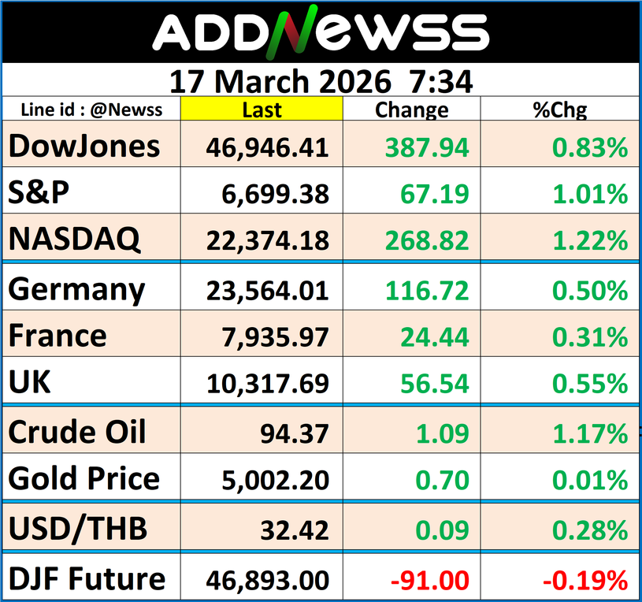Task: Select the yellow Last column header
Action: pos(262,110)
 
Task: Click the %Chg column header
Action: pos(560,110)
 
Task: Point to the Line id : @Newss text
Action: pos(92,110)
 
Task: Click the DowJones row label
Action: pos(84,147)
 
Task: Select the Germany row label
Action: pos(76,290)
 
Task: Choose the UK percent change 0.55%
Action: pos(590,385)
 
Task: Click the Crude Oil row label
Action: pos(77,432)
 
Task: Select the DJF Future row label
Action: pos(87,580)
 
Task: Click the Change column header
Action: pos(411,110)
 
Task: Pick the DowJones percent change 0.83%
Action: pos(590,147)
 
